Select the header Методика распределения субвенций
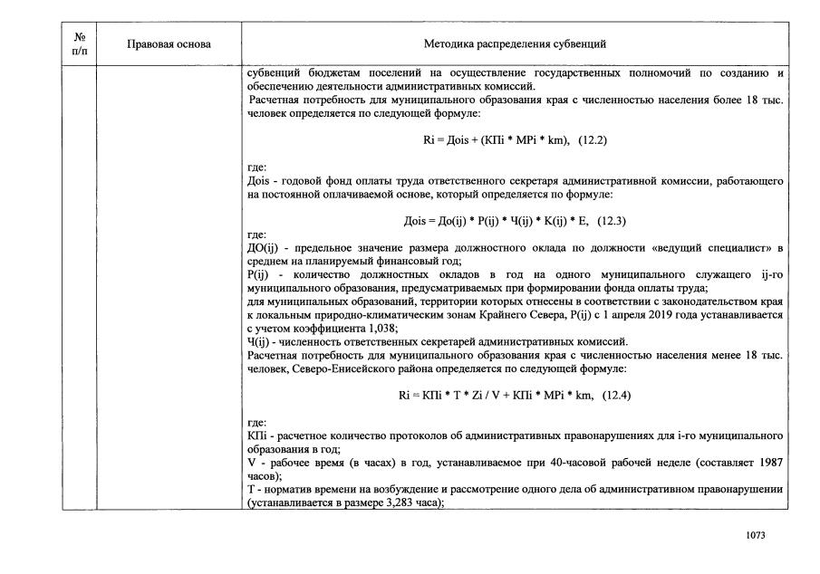(x=515, y=43)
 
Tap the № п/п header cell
(x=79, y=43)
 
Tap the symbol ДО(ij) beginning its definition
(x=264, y=247)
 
